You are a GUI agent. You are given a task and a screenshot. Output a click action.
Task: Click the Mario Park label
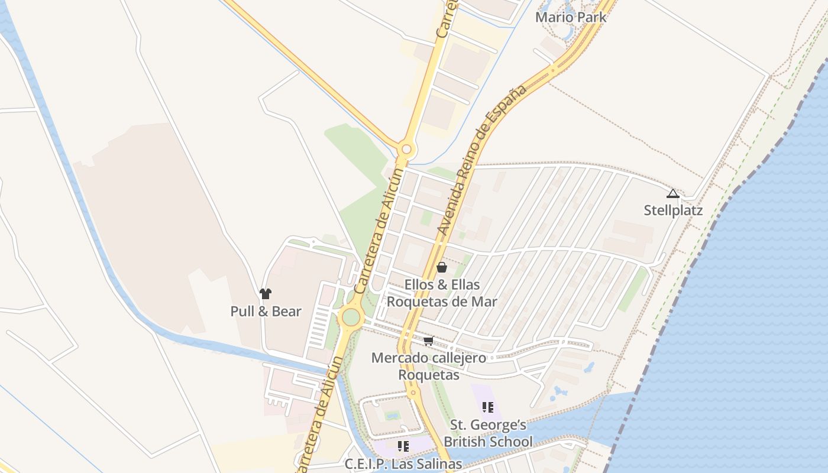point(571,17)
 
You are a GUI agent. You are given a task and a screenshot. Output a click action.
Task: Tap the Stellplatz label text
point(673,210)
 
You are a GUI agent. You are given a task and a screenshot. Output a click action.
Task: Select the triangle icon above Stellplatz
point(672,194)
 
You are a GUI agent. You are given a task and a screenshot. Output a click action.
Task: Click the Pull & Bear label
point(266,312)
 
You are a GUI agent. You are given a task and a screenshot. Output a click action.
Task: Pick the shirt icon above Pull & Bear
point(265,293)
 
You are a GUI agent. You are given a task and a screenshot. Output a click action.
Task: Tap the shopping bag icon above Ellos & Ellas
point(442,267)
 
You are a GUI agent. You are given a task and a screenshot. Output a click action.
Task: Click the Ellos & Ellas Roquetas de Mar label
point(442,293)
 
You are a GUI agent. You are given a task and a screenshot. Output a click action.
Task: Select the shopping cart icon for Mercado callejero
point(429,341)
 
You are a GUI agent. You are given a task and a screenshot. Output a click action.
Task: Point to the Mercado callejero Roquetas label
point(429,366)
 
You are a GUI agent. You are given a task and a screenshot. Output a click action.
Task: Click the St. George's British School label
point(488,433)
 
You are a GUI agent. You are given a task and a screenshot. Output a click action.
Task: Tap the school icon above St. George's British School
point(488,407)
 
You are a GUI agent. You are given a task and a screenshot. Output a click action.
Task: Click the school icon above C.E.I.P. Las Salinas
point(403,446)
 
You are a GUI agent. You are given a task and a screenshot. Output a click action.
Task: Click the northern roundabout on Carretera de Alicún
point(405,148)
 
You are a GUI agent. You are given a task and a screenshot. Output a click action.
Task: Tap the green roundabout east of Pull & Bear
point(351,317)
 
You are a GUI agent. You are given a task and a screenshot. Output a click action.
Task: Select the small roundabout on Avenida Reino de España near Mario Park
point(553,70)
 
